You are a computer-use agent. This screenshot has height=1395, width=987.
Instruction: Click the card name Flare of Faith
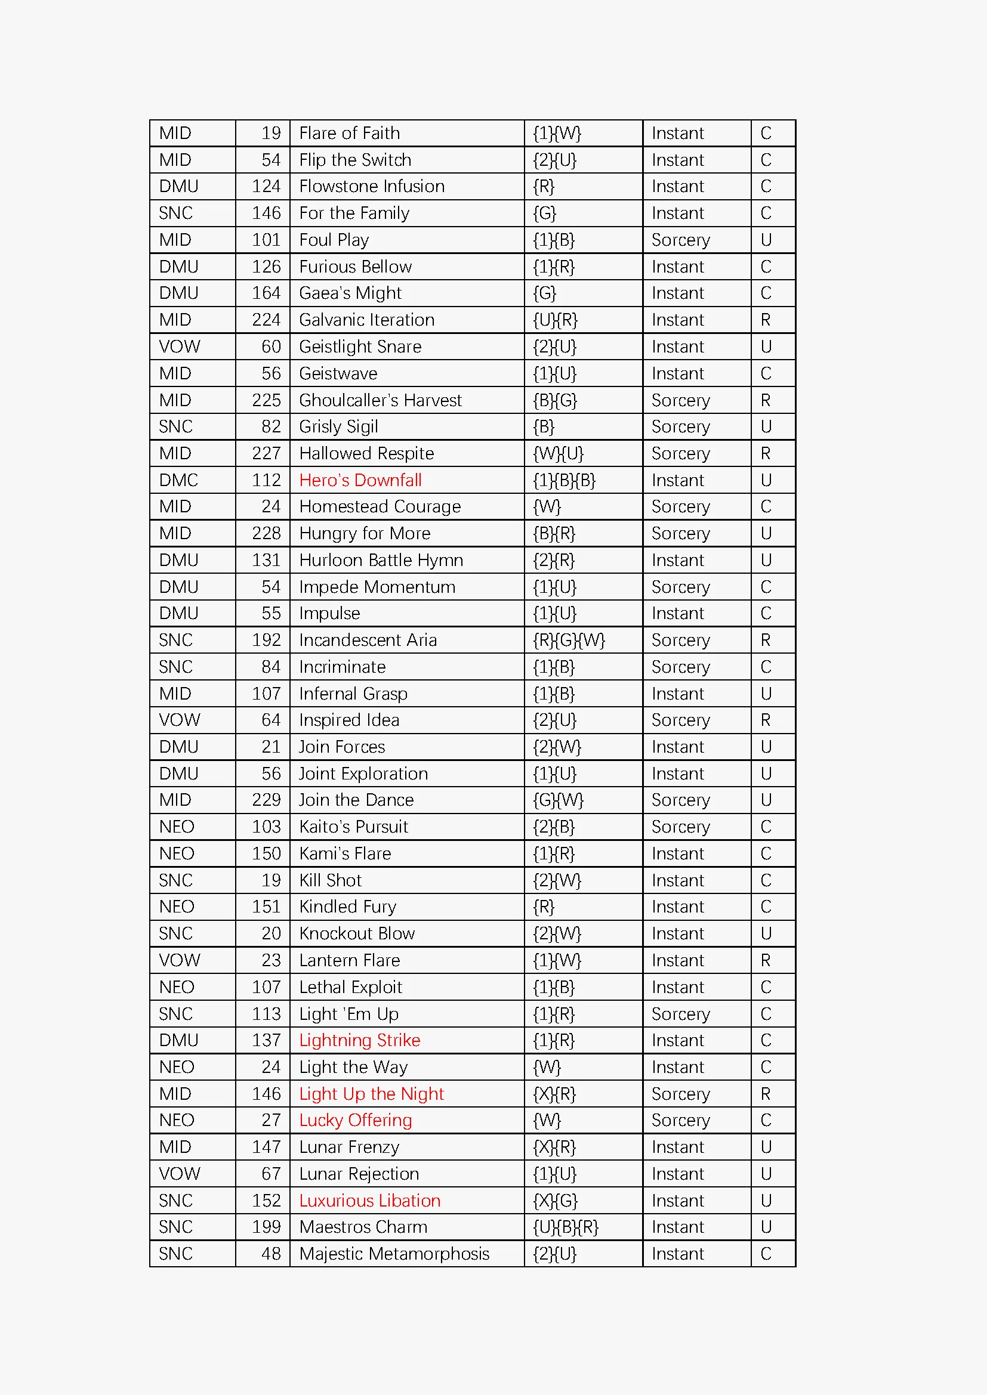(x=350, y=133)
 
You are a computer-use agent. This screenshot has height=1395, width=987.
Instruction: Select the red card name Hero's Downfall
(x=360, y=480)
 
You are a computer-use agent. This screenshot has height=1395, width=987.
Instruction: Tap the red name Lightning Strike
(x=359, y=1040)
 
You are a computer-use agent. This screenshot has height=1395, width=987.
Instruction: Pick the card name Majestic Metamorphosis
(x=394, y=1254)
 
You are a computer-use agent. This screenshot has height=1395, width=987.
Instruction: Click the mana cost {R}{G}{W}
(x=569, y=641)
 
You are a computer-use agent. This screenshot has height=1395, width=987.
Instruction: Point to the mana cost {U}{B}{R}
(x=565, y=1227)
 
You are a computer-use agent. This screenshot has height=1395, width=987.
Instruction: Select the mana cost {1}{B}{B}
(x=564, y=480)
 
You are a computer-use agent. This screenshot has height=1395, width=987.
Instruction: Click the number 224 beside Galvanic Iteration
(x=266, y=320)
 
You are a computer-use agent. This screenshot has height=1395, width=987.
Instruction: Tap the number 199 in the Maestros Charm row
(x=266, y=1227)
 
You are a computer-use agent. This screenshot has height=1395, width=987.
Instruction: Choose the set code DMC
(x=178, y=480)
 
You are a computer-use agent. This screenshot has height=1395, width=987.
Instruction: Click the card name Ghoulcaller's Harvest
(x=380, y=400)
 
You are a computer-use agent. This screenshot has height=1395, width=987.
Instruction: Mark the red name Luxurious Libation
(x=369, y=1201)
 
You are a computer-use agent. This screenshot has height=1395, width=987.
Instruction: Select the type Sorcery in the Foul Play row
(x=680, y=240)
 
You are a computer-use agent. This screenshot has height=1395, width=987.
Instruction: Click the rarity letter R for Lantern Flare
(x=765, y=960)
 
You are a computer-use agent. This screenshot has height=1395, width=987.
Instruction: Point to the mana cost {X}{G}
(x=555, y=1201)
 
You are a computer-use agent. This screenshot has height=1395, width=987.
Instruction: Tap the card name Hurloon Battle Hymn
(x=381, y=560)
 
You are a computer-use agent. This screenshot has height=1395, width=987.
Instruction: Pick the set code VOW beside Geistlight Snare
(x=179, y=347)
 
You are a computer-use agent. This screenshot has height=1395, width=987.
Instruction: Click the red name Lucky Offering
(x=355, y=1120)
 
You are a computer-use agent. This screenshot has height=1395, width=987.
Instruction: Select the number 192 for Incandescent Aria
(x=266, y=641)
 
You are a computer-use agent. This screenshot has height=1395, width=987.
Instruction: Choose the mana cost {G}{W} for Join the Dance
(x=558, y=800)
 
